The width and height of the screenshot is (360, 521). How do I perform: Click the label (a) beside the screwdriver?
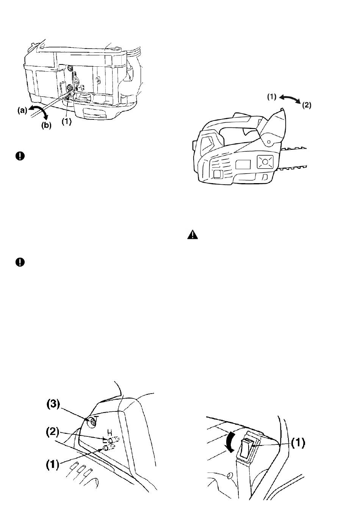tap(22, 111)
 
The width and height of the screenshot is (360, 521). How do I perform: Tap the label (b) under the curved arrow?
tap(46, 126)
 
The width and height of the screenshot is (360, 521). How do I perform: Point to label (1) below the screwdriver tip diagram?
tap(66, 122)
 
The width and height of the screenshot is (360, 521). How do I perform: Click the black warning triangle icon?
tap(193, 235)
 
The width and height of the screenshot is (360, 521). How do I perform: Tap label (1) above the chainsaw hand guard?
tap(272, 97)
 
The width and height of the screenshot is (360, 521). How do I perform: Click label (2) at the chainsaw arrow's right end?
tap(307, 105)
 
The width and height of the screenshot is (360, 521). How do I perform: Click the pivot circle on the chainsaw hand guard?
tap(269, 142)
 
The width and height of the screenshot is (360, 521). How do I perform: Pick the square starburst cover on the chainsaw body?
tap(265, 162)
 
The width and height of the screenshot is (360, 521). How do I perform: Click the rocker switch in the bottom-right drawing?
tap(247, 447)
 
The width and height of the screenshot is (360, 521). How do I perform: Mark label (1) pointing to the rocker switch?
tap(298, 443)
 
